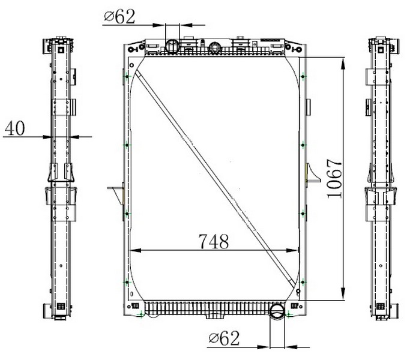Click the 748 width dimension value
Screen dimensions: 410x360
[214, 241]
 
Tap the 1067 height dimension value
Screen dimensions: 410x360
[334, 178]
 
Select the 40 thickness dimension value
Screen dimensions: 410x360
[15, 128]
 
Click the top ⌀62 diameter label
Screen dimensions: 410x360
[119, 16]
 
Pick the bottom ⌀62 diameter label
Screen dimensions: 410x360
[224, 338]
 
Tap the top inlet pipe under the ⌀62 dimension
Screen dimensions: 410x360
[172, 46]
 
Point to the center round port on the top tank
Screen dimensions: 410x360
[215, 48]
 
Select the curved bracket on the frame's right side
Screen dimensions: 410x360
[313, 173]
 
